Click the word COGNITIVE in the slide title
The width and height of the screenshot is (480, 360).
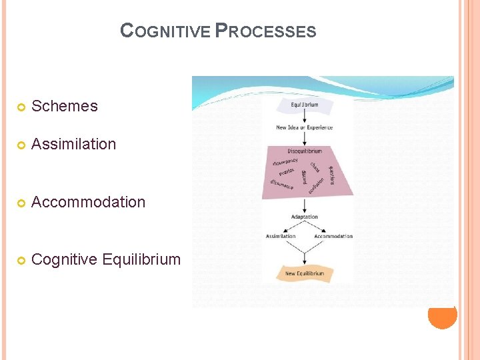[165, 31]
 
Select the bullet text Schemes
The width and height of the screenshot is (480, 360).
[65, 106]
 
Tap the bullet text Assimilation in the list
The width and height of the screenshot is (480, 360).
[73, 144]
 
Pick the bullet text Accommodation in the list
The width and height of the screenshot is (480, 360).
[88, 202]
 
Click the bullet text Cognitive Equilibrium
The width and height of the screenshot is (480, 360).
[106, 259]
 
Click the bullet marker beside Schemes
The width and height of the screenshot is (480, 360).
[21, 107]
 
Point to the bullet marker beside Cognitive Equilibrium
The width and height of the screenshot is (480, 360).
[21, 261]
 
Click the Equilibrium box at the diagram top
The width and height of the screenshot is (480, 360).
[305, 104]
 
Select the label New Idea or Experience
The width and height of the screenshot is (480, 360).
[305, 127]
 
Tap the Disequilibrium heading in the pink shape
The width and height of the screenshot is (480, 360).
[305, 151]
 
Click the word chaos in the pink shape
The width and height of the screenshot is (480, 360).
[315, 167]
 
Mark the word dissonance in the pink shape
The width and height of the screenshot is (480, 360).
[282, 185]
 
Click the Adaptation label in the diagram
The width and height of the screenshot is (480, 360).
[305, 217]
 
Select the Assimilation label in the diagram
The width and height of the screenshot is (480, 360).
[281, 236]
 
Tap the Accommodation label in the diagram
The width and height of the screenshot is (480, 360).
[333, 236]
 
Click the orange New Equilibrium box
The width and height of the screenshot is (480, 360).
[305, 273]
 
